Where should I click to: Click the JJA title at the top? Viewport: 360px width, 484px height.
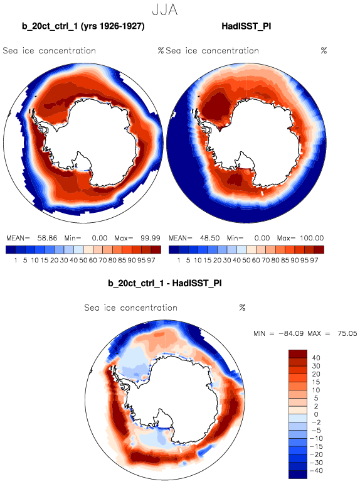[165, 9]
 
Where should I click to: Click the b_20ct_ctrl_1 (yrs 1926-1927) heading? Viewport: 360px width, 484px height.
[83, 26]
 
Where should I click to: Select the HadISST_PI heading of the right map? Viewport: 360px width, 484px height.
[246, 26]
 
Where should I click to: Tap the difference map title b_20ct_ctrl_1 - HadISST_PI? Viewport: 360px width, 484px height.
[165, 283]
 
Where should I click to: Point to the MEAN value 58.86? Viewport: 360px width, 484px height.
[47, 238]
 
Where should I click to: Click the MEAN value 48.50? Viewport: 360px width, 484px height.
[209, 238]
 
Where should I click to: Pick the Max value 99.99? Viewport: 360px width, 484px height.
[151, 238]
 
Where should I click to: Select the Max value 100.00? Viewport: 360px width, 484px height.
[312, 238]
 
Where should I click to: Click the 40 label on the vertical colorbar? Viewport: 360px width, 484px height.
[316, 358]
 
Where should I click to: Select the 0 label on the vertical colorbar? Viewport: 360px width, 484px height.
[316, 414]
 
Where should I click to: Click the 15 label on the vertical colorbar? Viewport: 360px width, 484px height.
[316, 382]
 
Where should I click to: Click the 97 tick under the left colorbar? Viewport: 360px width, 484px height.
[151, 261]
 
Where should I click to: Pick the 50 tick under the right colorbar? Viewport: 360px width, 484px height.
[246, 261]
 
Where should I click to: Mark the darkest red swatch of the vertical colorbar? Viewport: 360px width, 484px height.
[298, 353]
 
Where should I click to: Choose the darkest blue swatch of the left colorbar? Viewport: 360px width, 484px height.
[11, 249]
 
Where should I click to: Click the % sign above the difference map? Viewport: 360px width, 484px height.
[242, 308]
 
